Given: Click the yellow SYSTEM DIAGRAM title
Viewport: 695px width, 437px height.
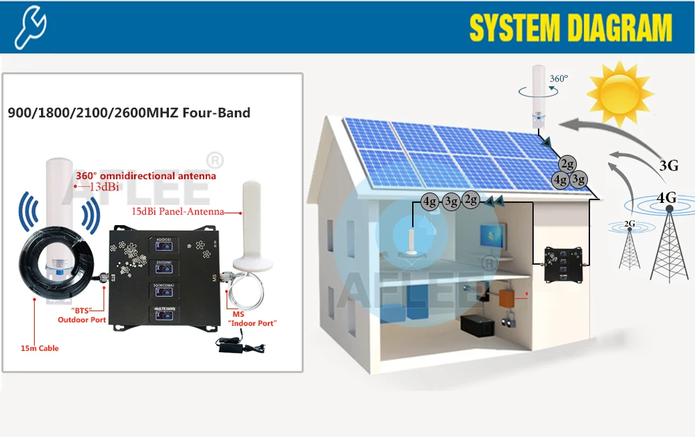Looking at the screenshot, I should pyautogui.click(x=571, y=28).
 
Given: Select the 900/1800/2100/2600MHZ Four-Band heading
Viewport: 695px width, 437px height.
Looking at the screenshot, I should pyautogui.click(x=129, y=113).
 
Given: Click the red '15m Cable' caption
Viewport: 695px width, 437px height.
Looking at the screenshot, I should pyautogui.click(x=40, y=348).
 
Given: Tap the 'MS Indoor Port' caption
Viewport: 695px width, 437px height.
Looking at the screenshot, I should pyautogui.click(x=251, y=318).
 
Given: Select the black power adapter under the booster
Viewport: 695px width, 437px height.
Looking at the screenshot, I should pyautogui.click(x=236, y=343).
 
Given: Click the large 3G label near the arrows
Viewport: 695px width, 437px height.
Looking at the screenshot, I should pyautogui.click(x=668, y=165).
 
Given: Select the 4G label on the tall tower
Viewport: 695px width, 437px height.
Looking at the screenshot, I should pyautogui.click(x=666, y=198).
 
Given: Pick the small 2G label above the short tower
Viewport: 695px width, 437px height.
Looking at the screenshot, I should pyautogui.click(x=629, y=224).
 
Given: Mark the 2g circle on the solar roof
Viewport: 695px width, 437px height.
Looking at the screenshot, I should pyautogui.click(x=567, y=164).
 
